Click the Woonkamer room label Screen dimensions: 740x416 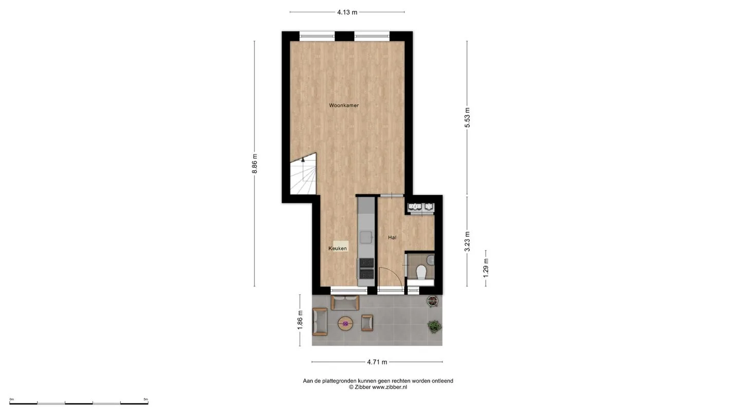point(344,105)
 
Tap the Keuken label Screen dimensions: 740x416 point(338,248)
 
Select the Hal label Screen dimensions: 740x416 point(392,237)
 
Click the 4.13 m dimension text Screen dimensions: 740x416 point(347,12)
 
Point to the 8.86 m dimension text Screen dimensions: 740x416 point(254,163)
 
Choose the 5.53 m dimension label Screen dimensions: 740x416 point(467,118)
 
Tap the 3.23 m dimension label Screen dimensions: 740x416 point(467,241)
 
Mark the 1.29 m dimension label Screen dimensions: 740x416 point(486,268)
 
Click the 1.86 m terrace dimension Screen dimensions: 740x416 point(300,320)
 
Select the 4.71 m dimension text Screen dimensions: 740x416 point(377,362)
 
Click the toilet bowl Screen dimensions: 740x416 point(421,272)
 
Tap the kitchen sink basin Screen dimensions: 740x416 point(366,237)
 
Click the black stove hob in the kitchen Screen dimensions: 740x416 point(367,269)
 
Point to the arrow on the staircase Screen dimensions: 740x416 point(303,160)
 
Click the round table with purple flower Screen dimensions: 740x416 point(345,324)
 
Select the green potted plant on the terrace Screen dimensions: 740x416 point(434,326)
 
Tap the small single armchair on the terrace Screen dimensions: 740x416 point(367,323)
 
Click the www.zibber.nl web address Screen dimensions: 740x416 point(390,387)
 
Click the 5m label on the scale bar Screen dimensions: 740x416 point(146,399)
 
